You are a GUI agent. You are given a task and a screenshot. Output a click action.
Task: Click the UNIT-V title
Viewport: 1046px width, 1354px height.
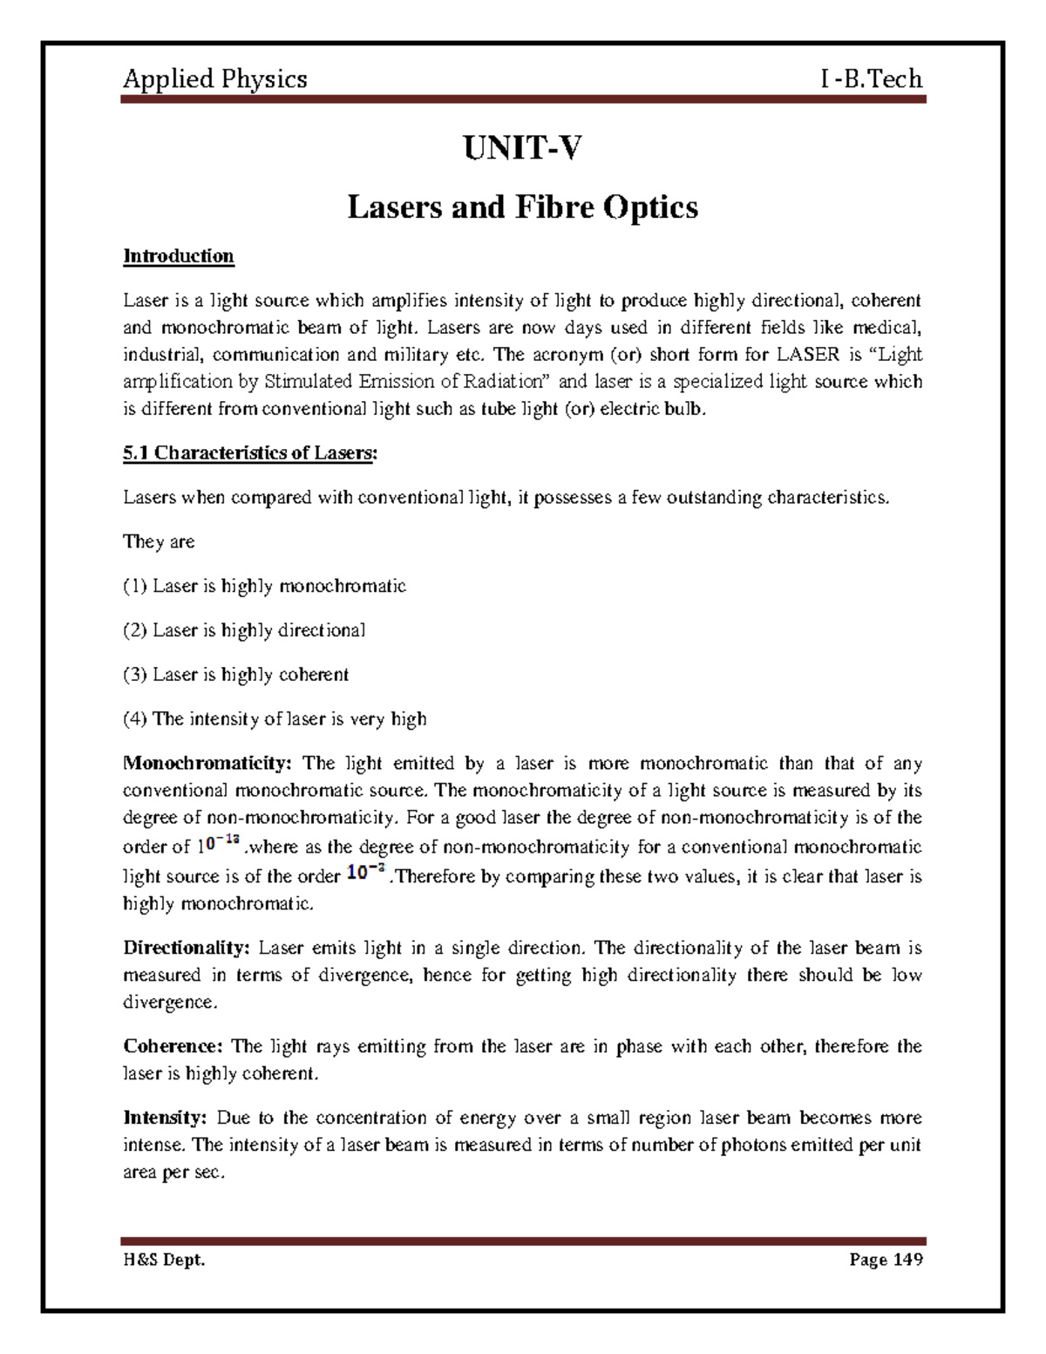coord(522,150)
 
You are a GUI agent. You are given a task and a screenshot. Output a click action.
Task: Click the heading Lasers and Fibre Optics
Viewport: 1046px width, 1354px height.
coord(522,208)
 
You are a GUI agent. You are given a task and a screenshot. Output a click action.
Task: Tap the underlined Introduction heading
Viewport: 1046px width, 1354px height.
coord(179,256)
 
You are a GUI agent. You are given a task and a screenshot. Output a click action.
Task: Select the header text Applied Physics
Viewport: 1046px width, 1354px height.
coord(214,79)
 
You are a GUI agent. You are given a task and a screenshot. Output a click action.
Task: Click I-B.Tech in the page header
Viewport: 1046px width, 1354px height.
coord(871,79)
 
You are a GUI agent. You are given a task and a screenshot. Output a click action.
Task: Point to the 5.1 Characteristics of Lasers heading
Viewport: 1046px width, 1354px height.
coord(250,453)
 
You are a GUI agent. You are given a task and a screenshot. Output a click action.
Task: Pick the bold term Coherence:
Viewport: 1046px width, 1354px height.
coord(173,1046)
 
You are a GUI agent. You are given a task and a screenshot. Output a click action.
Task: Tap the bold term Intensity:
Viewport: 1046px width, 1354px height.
coord(165,1118)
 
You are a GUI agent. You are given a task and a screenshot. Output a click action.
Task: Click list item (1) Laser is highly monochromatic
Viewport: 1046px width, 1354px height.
coord(264,586)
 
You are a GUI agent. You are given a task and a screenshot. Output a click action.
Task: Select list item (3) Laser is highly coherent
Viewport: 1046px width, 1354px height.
coord(235,675)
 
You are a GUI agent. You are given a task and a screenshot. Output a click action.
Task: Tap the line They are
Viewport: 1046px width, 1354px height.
coord(159,541)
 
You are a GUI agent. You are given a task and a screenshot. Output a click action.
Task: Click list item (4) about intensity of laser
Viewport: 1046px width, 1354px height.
coord(275,719)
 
